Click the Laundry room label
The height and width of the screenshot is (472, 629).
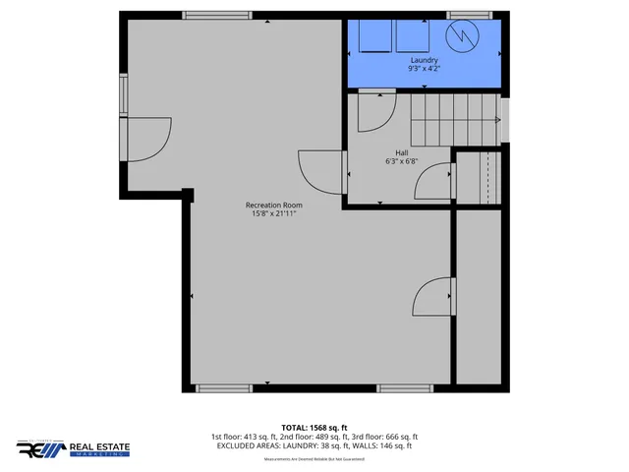pos(424,60)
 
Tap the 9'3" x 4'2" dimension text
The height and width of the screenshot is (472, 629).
pos(424,70)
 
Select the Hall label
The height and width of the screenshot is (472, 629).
pos(401,153)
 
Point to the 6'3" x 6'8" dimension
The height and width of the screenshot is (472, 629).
pos(401,163)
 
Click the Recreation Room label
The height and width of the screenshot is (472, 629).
pos(273,205)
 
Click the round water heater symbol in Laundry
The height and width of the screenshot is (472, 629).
pos(460,37)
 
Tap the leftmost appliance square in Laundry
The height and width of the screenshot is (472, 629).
pos(373,37)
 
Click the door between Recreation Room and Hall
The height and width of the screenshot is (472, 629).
pos(322,172)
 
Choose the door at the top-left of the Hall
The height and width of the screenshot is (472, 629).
pos(375,110)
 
